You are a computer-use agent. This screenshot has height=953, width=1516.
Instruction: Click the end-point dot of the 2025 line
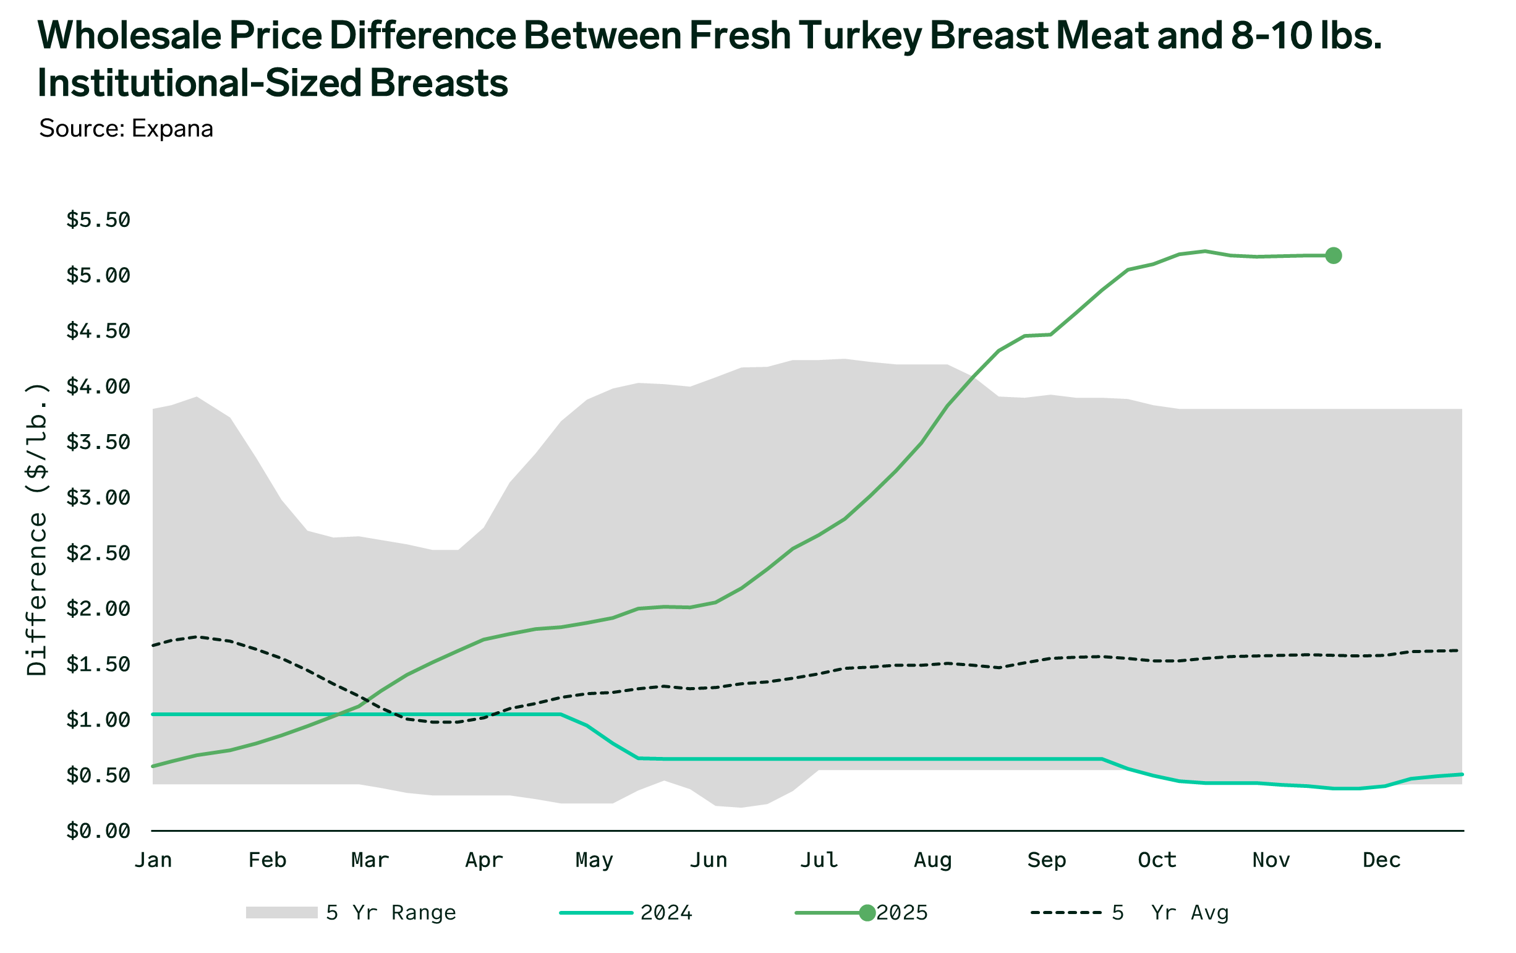tap(1333, 256)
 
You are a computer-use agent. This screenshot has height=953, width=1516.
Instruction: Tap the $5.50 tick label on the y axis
tap(98, 220)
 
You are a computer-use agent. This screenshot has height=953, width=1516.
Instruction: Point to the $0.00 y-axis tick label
tap(98, 831)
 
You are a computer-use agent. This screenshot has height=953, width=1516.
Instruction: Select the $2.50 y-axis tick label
tap(98, 553)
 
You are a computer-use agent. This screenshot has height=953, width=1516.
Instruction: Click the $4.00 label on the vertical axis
tap(98, 386)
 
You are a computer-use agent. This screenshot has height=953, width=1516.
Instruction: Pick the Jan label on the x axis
tap(153, 860)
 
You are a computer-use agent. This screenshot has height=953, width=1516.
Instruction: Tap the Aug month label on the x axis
tap(932, 860)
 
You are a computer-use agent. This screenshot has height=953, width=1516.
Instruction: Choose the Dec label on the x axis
tap(1381, 860)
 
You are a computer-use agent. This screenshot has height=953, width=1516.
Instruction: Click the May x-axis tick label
tap(594, 860)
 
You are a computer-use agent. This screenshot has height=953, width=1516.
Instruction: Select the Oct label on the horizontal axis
tap(1157, 860)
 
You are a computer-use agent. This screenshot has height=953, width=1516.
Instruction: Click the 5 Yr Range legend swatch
tap(281, 913)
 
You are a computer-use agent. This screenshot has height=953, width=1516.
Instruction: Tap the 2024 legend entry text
tap(666, 913)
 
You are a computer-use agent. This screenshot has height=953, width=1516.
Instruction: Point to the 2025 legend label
tap(902, 913)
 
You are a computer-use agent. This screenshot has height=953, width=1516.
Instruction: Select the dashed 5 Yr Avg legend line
tap(1066, 913)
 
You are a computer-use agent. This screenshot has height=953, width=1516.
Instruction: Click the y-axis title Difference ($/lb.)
tap(37, 529)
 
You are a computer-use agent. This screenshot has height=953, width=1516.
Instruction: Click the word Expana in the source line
tap(172, 129)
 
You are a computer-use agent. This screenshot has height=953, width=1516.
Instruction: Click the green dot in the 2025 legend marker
tap(867, 913)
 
